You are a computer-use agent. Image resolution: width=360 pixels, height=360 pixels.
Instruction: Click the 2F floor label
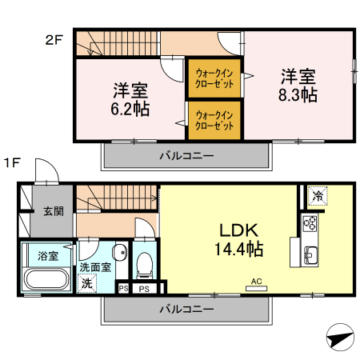(x=53, y=38)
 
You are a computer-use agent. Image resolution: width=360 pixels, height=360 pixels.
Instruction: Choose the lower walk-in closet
(x=214, y=119)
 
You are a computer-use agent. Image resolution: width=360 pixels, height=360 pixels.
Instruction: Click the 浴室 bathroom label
(x=48, y=256)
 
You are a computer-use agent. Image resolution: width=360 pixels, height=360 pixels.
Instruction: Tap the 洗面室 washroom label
(x=94, y=267)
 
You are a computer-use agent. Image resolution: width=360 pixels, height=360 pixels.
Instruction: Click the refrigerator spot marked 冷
(x=318, y=195)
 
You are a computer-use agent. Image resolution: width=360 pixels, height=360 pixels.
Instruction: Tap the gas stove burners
(x=310, y=224)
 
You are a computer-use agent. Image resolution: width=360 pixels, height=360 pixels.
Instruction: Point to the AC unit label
(x=257, y=282)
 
